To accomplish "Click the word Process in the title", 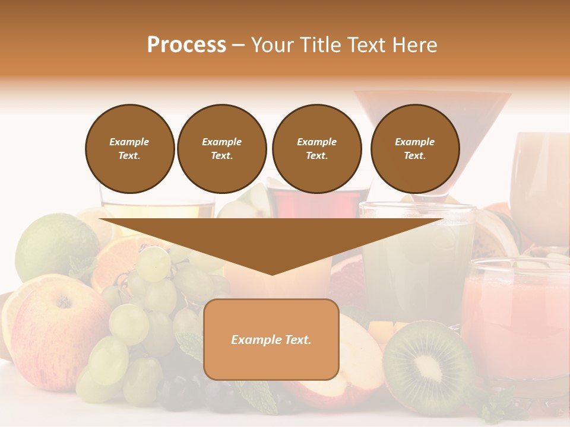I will [186, 45].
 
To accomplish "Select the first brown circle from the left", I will [129, 148].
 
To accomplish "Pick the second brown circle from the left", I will [221, 148].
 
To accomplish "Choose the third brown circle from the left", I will [316, 148].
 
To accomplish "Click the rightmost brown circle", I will [414, 148].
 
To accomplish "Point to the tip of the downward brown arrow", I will [272, 273].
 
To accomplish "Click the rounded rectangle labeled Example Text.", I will [271, 339].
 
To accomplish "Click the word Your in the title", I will [273, 45].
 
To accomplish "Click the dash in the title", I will [238, 45].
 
